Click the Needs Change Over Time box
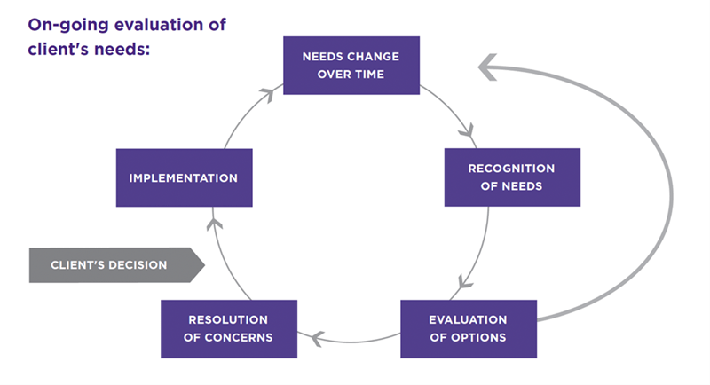pyautogui.click(x=351, y=65)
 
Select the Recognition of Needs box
pyautogui.click(x=511, y=177)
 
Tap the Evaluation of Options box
pyautogui.click(x=468, y=328)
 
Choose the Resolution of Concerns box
pyautogui.click(x=229, y=328)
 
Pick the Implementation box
pyautogui.click(x=184, y=177)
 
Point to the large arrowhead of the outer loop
pyautogui.click(x=491, y=65)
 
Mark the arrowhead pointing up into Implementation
pyautogui.click(x=214, y=221)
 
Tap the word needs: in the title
pyautogui.click(x=120, y=47)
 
